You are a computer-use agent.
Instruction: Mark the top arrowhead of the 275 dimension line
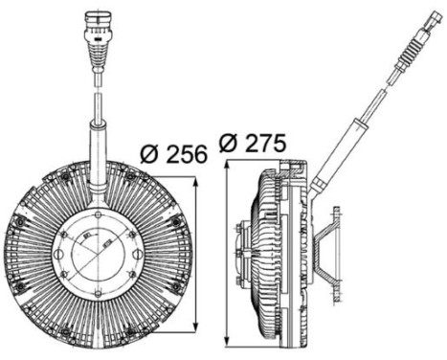click(225, 163)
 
